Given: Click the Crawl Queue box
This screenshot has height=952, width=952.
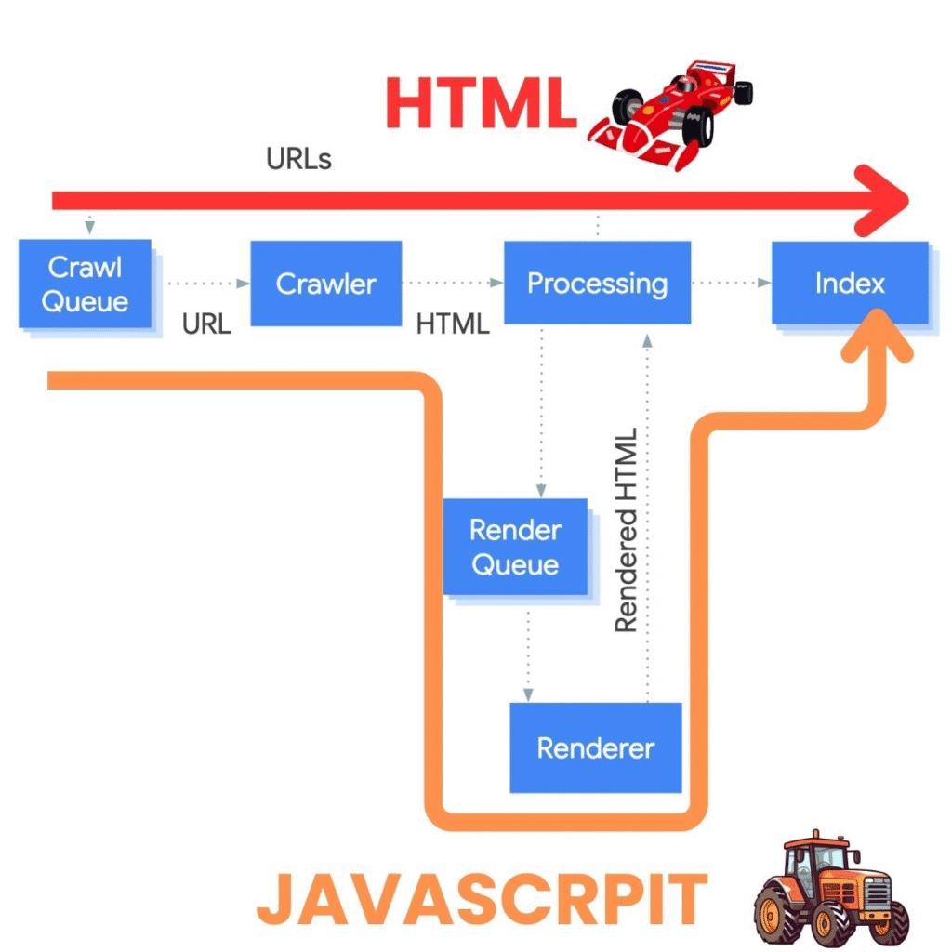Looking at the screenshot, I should [x=86, y=284].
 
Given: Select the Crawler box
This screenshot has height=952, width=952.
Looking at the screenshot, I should [x=326, y=284].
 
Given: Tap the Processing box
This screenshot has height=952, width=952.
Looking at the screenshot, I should [x=597, y=283].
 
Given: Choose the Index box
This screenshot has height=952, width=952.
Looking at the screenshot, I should [x=850, y=283].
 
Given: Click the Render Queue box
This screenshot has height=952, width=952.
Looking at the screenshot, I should [x=515, y=547].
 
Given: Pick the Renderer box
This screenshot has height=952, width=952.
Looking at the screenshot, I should [x=596, y=747].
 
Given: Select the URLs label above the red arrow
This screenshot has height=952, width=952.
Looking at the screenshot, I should [x=298, y=159].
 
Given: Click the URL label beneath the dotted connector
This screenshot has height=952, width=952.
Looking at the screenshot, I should [x=205, y=324].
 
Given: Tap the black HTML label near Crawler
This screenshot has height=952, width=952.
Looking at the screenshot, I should [x=453, y=324].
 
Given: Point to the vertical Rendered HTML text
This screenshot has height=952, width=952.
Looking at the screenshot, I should [x=627, y=530].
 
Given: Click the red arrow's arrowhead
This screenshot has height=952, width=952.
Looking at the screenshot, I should [x=883, y=200].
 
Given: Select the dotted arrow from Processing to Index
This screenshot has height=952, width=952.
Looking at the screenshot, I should [x=731, y=283].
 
